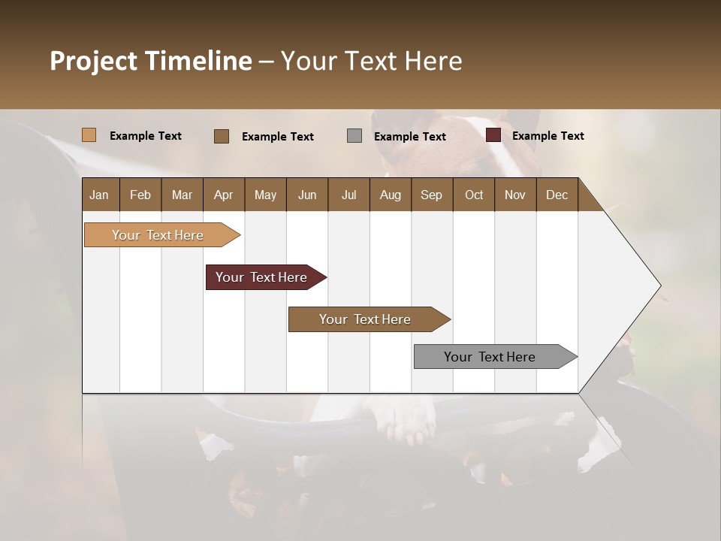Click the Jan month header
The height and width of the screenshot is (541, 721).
point(99,195)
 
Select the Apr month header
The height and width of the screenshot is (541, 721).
point(223,195)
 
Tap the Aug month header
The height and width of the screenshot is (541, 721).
point(390,195)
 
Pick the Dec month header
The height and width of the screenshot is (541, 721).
point(557,195)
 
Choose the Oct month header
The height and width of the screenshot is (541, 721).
point(474,195)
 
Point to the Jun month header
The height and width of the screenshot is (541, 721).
point(306,195)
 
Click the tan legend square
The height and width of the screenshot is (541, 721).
point(89,135)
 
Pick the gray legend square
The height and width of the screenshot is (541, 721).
point(354,136)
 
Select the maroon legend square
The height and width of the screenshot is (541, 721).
point(493,135)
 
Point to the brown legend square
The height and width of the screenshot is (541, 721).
point(222,136)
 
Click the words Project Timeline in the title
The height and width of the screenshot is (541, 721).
point(150,61)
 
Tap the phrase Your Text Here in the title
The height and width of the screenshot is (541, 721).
point(372,61)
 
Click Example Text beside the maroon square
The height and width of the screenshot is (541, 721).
point(548,136)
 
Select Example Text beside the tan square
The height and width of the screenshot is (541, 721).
point(145,136)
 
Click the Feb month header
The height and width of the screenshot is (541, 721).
point(140,195)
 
